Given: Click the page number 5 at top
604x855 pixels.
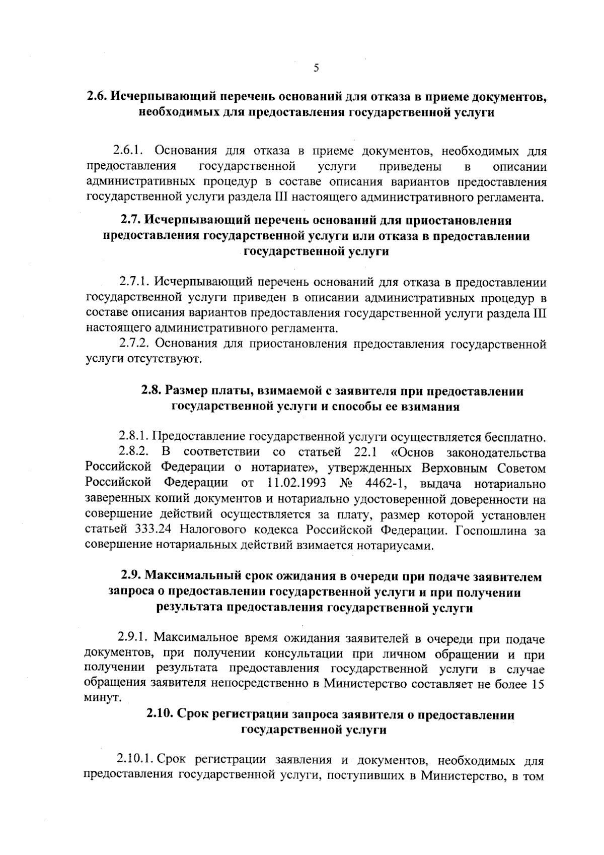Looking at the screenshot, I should [316, 69].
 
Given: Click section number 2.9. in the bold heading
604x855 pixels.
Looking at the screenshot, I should [132, 576].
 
